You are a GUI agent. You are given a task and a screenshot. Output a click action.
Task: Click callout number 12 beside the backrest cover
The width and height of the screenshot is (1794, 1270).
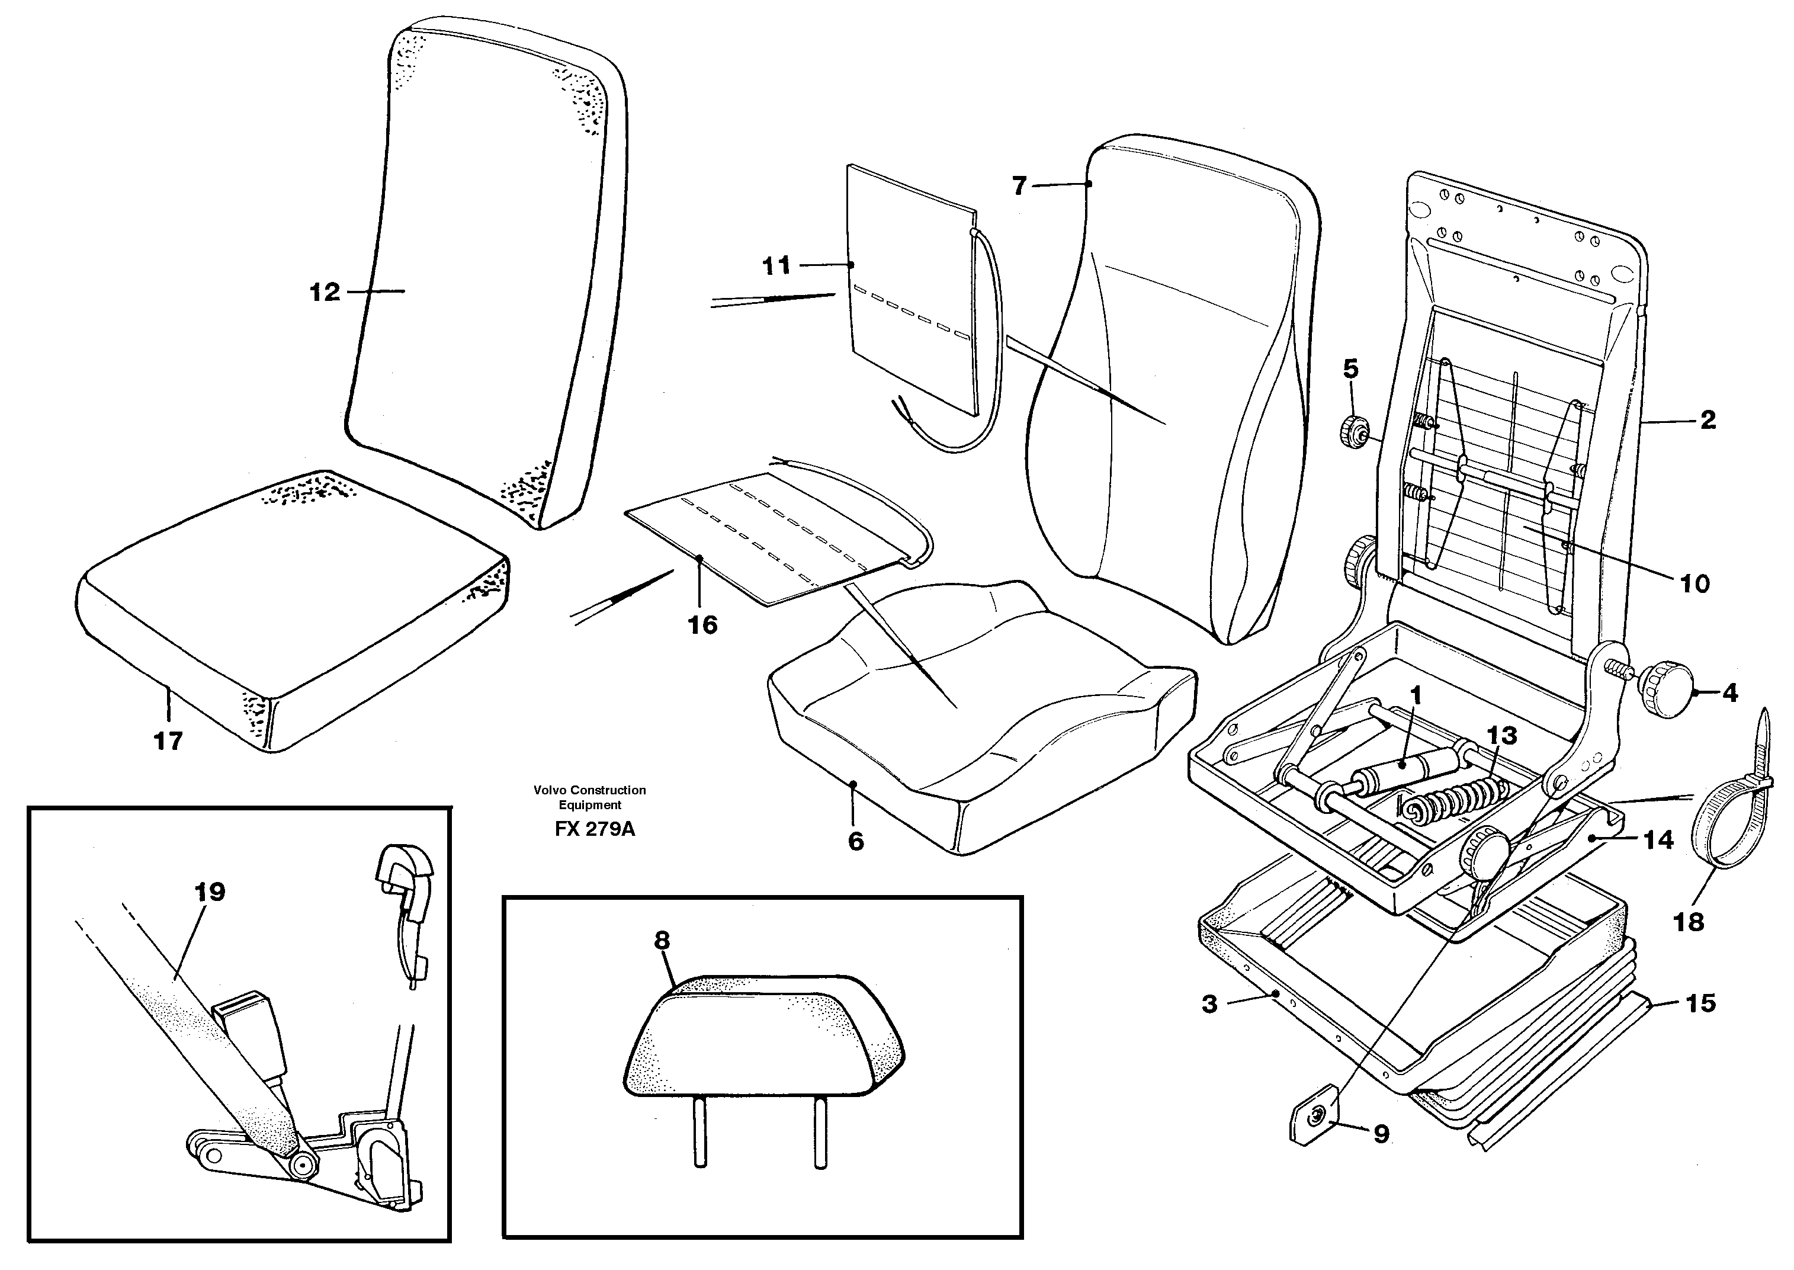click(x=325, y=293)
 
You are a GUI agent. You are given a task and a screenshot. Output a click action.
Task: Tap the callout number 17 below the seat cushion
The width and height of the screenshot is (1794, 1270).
click(x=168, y=740)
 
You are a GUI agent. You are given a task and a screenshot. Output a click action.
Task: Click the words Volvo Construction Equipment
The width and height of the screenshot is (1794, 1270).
click(x=589, y=797)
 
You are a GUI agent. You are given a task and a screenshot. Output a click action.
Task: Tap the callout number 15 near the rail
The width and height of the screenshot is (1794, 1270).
click(x=1701, y=1003)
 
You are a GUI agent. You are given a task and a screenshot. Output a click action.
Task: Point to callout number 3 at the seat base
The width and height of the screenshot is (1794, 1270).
click(x=1209, y=1004)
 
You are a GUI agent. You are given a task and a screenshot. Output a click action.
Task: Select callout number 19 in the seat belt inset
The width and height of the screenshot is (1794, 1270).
click(x=210, y=892)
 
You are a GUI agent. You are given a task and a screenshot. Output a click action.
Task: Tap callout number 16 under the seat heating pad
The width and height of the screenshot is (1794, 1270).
click(x=702, y=625)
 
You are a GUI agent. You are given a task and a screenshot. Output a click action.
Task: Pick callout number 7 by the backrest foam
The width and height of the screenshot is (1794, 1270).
click(x=1019, y=186)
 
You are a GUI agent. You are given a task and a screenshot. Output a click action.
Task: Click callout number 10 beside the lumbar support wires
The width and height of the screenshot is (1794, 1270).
click(x=1694, y=583)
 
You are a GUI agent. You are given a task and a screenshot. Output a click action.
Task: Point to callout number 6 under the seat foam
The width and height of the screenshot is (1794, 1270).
click(x=856, y=842)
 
